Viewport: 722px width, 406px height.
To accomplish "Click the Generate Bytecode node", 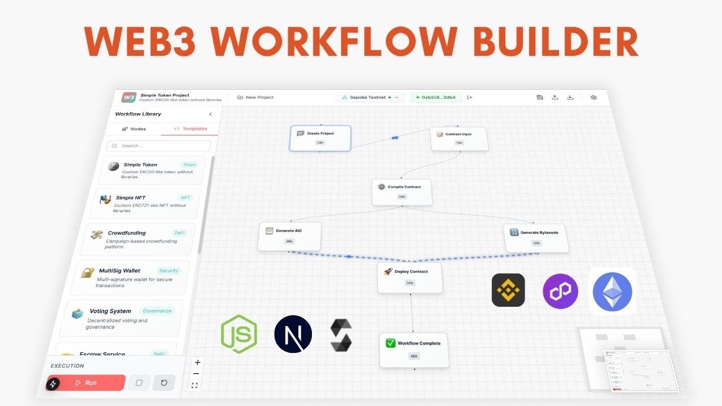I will [536, 237].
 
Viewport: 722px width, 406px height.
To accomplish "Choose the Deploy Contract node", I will [410, 277].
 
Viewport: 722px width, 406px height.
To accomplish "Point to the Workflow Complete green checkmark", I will [390, 343].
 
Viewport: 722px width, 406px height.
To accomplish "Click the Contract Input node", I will [459, 138].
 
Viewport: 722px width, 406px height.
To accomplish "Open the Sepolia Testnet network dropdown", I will [371, 98].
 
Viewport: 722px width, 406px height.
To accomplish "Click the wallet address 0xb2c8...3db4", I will [435, 98].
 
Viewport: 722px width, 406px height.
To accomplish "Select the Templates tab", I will [190, 129].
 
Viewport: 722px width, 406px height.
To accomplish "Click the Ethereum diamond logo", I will [613, 292].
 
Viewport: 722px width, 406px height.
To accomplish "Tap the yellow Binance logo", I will [508, 290].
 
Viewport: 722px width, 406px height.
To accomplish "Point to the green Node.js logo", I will [239, 334].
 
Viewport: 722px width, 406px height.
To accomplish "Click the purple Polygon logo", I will [560, 292].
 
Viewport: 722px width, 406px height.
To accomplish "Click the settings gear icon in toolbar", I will [593, 98].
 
